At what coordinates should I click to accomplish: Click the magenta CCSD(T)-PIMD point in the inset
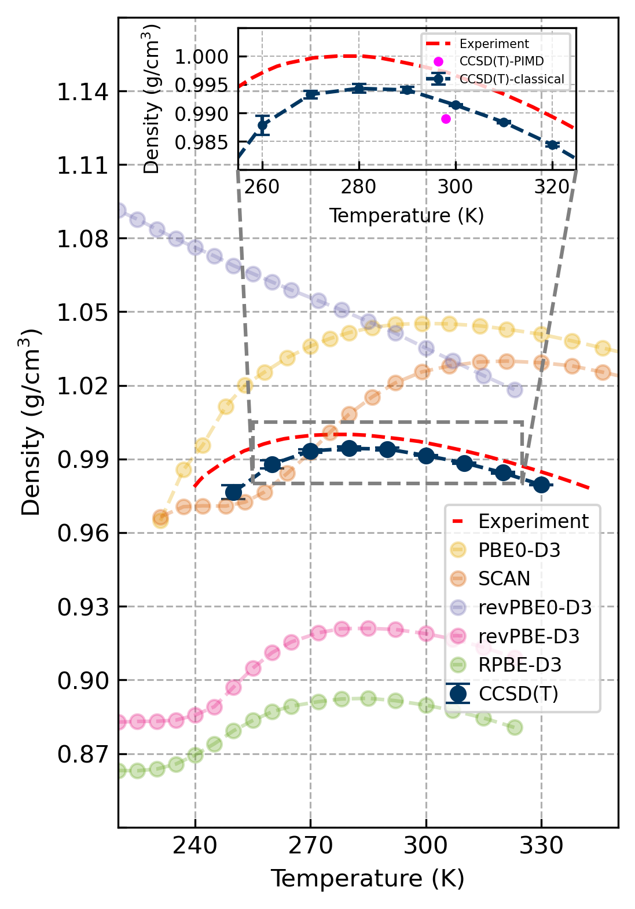point(446,119)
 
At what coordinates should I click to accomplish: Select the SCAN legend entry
point(504,578)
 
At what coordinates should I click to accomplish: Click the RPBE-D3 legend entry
point(519,665)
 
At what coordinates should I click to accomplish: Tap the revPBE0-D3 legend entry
point(534,607)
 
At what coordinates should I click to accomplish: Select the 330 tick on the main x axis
point(541,846)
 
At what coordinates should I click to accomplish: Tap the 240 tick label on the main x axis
point(195,846)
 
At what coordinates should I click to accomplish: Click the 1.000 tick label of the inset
point(201,57)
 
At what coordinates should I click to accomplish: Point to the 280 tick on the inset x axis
point(358,187)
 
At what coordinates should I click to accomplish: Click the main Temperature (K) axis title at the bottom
point(368,878)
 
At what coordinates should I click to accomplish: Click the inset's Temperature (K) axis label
point(406,215)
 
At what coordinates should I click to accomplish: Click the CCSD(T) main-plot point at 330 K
point(541,485)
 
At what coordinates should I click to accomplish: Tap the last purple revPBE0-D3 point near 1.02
point(515,390)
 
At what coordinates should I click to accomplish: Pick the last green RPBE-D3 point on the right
point(515,727)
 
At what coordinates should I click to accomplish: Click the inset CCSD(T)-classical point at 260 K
point(263,124)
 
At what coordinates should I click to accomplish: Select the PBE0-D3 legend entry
point(519,549)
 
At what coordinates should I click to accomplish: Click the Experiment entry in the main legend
point(533,521)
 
